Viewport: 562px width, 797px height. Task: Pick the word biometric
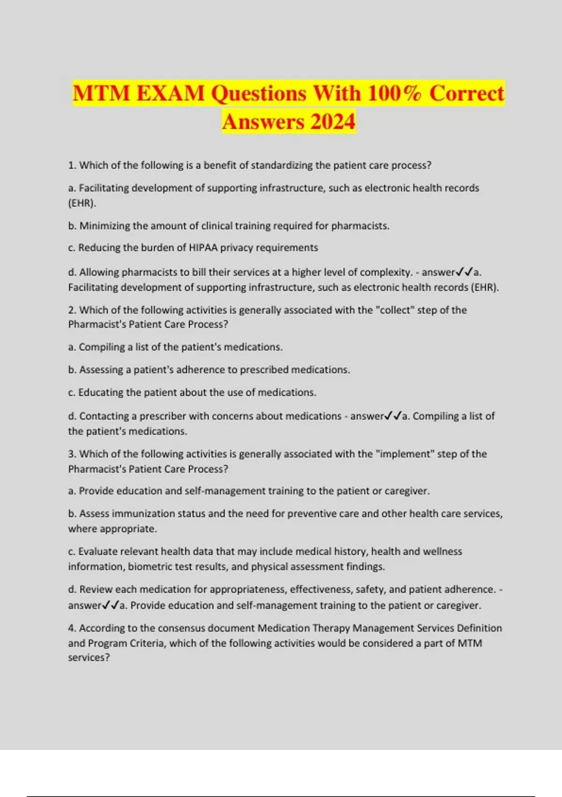coord(150,566)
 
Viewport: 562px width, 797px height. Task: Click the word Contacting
coord(108,416)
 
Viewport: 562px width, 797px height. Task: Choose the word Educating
coord(100,392)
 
